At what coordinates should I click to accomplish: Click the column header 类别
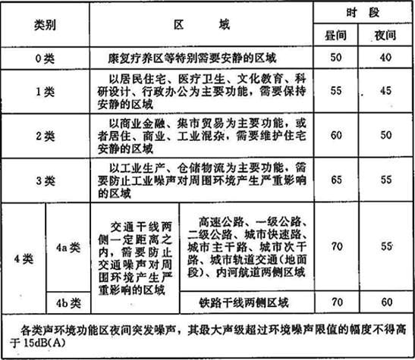pos(45,25)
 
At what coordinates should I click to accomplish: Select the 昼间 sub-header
pos(335,36)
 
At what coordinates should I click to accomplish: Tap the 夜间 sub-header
pos(385,36)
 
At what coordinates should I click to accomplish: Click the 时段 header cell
pos(363,12)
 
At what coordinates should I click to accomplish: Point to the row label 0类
pos(45,58)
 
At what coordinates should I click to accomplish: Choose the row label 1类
pos(45,92)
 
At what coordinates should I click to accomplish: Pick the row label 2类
pos(46,136)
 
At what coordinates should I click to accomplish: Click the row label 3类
pos(46,181)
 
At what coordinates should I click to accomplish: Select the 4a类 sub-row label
pos(68,248)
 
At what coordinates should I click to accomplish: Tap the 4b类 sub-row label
pos(68,303)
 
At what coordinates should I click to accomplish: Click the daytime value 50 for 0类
pos(336,58)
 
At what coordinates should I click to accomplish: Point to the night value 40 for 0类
pos(385,58)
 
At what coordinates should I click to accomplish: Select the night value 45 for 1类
pos(385,91)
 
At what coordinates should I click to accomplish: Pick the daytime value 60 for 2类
pos(336,135)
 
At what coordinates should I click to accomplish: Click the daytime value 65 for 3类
pos(336,180)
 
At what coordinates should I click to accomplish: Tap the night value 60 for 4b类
pos(387,302)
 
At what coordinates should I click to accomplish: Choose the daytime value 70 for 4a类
pos(337,246)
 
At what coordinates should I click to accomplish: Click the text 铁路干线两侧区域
pos(244,303)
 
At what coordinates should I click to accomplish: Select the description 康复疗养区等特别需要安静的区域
pos(192,58)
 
